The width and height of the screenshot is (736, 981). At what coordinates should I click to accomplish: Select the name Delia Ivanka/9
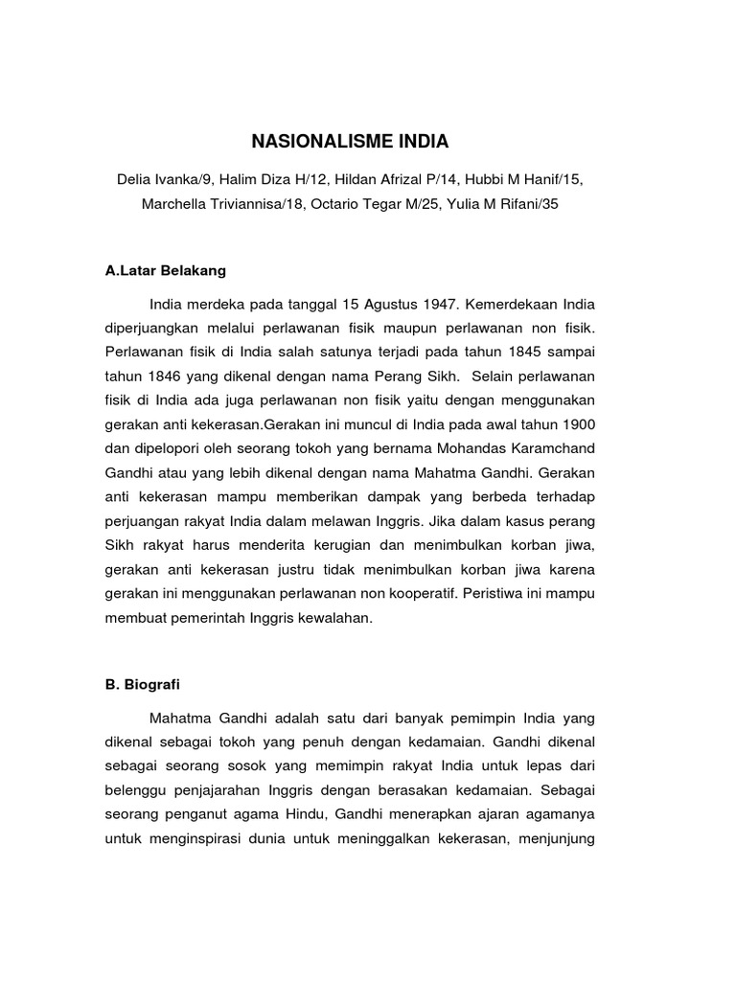point(162,180)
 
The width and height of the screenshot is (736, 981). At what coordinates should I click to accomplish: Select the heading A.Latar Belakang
point(166,271)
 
